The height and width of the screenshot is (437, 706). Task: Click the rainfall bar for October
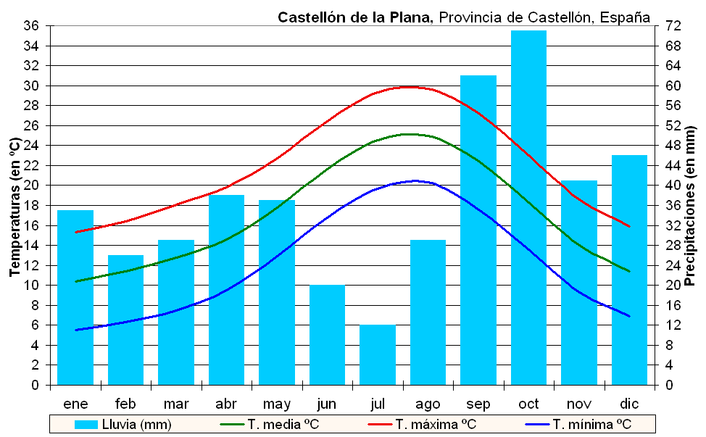tap(528, 207)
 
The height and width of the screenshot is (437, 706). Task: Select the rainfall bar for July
tap(378, 354)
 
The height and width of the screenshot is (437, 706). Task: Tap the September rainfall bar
tap(478, 230)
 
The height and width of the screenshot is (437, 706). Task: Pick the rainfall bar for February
tap(125, 320)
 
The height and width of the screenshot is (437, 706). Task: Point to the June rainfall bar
tap(328, 335)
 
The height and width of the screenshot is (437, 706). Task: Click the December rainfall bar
tap(629, 270)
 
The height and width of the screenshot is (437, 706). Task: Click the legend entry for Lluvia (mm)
tap(123, 425)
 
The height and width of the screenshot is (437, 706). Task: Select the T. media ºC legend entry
tap(269, 425)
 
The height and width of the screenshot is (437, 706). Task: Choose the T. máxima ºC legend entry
tap(422, 425)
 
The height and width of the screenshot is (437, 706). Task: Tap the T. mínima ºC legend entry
tap(578, 425)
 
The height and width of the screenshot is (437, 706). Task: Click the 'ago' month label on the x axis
tap(428, 404)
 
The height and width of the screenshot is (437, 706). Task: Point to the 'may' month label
tap(276, 404)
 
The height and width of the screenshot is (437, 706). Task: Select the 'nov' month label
tap(579, 404)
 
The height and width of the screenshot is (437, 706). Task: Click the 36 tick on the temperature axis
tap(31, 26)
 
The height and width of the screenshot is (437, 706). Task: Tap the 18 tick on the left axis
tap(31, 206)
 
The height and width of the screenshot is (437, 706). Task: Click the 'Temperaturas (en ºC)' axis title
tap(14, 207)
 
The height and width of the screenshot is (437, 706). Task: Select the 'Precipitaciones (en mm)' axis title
tap(689, 206)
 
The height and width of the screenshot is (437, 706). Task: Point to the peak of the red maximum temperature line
tap(410, 87)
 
